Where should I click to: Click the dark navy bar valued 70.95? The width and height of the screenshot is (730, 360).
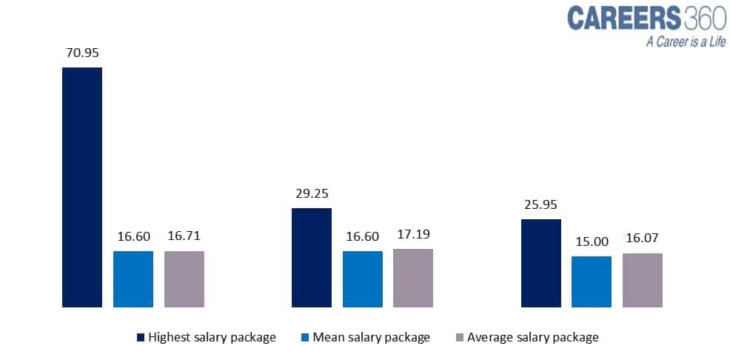(x=82, y=187)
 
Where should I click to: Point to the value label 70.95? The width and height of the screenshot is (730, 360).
(x=82, y=53)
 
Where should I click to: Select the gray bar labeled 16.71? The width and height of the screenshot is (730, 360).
(x=184, y=279)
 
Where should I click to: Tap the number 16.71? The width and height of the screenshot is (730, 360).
(x=184, y=236)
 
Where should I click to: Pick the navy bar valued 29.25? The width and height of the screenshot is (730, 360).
(x=312, y=258)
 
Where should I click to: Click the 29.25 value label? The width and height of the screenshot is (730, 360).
(x=312, y=193)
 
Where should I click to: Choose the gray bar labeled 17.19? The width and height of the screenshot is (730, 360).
(x=413, y=278)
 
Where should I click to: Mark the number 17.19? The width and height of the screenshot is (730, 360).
(x=413, y=234)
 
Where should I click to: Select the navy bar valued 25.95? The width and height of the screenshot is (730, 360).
(x=541, y=263)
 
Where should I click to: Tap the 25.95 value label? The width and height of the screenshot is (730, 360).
(x=541, y=204)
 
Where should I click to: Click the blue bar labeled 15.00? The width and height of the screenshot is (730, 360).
(x=592, y=281)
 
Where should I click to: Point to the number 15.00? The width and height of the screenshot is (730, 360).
(x=592, y=241)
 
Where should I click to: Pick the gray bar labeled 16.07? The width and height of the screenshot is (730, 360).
(x=643, y=280)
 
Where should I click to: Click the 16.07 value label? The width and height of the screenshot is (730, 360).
(x=643, y=238)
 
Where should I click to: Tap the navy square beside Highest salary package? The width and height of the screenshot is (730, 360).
(x=141, y=337)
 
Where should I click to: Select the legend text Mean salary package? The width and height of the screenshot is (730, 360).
(x=371, y=337)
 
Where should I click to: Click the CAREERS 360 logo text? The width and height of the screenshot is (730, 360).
(x=646, y=19)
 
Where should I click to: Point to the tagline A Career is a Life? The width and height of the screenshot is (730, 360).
(x=686, y=42)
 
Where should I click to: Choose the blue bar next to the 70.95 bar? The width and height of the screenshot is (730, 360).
(x=133, y=279)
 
